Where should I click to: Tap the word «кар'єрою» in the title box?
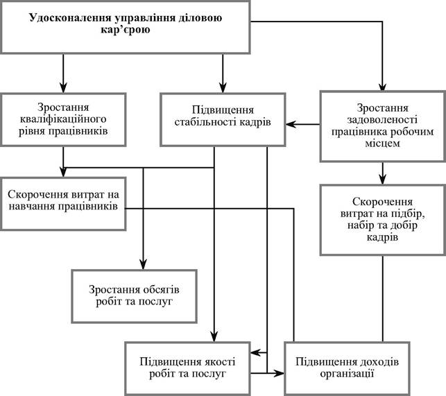(x=126, y=30)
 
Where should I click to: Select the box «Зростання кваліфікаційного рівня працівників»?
(x=63, y=119)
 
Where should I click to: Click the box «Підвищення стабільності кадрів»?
(x=223, y=119)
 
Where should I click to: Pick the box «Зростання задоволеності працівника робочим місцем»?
(x=383, y=126)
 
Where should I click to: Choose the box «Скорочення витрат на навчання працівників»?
(x=63, y=204)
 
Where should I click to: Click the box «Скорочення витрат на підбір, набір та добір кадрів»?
(x=383, y=220)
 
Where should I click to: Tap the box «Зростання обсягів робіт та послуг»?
(x=135, y=296)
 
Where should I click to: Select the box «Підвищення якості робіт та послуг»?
(x=188, y=369)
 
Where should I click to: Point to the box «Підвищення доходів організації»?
(x=348, y=369)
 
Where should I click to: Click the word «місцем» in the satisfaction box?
(x=383, y=144)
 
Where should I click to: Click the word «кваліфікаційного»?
(x=63, y=119)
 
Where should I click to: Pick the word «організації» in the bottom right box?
(x=347, y=373)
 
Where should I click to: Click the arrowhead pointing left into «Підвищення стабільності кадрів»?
(x=291, y=124)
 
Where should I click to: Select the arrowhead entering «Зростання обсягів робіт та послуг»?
(x=143, y=264)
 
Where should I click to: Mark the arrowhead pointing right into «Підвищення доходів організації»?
(x=279, y=373)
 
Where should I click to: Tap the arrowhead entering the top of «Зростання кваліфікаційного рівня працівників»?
(x=63, y=87)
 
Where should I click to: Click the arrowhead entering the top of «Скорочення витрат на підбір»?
(x=383, y=179)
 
